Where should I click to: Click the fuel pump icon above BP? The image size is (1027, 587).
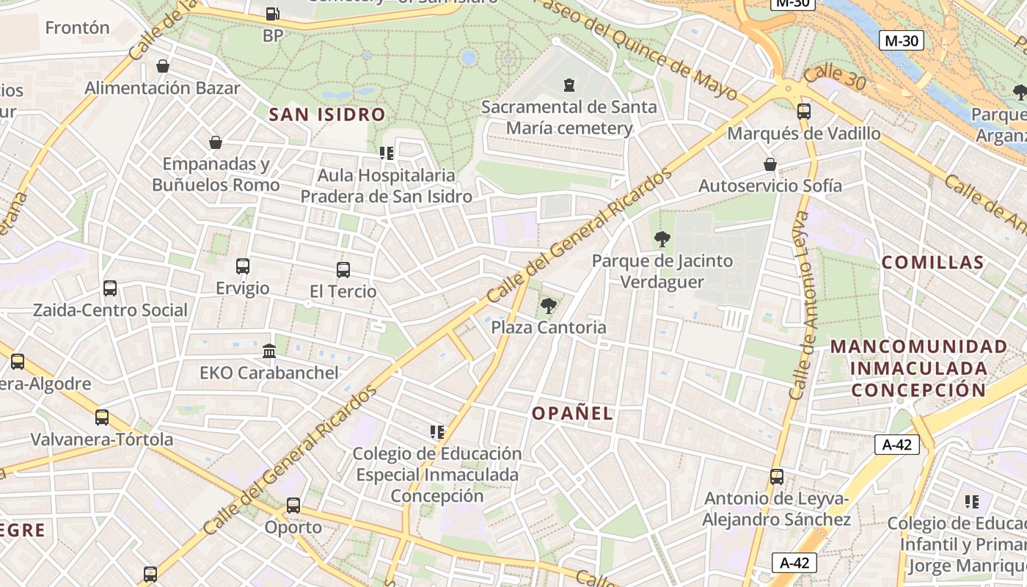pos(272,13)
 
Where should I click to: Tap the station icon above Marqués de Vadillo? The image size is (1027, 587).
pos(804,112)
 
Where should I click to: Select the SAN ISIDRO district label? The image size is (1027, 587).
pos(327,114)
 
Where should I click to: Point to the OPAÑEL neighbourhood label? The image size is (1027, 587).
pos(572,414)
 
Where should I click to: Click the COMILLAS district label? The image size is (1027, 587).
pos(932,263)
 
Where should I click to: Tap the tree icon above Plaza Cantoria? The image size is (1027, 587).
pos(548,305)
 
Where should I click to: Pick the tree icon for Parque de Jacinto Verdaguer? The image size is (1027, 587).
pos(662,238)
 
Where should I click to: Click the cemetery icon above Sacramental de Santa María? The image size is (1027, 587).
pos(569,85)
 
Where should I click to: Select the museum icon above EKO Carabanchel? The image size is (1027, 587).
pos(269,351)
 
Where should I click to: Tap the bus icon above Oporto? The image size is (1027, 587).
pos(293,506)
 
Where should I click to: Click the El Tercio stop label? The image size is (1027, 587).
pos(343,291)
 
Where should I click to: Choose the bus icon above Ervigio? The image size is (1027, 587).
pos(243,266)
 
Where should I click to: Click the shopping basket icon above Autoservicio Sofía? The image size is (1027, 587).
pos(770,164)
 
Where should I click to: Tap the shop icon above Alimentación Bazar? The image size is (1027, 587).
pos(163,67)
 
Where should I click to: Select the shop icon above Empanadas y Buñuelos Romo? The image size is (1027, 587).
pos(216,142)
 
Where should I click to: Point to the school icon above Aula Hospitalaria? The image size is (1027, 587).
pos(387,153)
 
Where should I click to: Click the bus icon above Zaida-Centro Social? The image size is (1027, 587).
pos(110,288)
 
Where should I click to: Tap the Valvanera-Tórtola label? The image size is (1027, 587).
pos(102,440)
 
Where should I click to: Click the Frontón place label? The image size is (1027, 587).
pos(77,28)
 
